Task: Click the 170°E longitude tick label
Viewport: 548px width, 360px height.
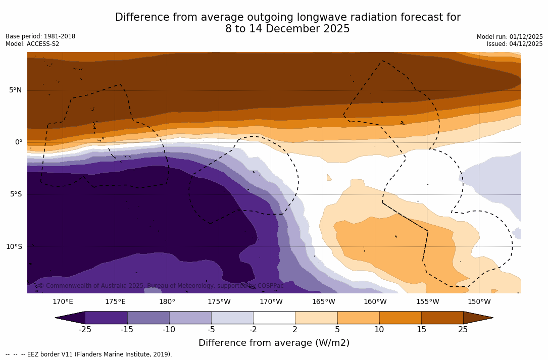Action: (63, 302)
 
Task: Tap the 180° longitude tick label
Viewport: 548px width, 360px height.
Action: (167, 302)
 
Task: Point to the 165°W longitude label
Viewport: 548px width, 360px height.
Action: (323, 302)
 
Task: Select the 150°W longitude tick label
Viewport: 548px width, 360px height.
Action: (479, 302)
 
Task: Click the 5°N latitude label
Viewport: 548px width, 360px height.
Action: (15, 90)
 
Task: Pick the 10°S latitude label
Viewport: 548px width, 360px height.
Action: (14, 247)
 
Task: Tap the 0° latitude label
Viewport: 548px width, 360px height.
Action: (18, 142)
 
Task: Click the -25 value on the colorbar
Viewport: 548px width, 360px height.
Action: (85, 330)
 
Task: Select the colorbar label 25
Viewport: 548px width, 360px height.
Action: (463, 330)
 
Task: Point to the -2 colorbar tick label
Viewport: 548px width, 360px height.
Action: (253, 330)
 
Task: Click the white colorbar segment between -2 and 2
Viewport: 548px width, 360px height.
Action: (274, 318)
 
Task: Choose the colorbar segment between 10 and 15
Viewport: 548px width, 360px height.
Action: (400, 318)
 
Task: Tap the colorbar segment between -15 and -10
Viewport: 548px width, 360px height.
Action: (148, 318)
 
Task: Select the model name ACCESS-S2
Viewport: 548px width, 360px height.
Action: (42, 44)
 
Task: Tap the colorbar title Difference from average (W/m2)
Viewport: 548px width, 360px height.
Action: (274, 343)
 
